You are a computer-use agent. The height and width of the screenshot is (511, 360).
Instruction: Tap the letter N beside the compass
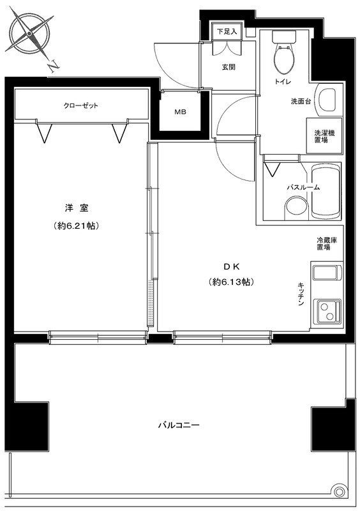click(54, 65)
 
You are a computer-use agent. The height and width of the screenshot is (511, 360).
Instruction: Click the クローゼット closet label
click(80, 106)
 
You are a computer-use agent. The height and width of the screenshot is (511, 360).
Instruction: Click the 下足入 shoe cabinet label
click(227, 31)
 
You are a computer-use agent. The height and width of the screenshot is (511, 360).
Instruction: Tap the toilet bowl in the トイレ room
click(281, 56)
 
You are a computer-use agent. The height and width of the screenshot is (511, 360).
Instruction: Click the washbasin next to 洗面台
click(327, 100)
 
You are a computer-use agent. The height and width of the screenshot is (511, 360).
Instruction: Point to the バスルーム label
click(303, 187)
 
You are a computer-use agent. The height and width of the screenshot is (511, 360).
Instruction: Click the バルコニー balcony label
click(179, 425)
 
